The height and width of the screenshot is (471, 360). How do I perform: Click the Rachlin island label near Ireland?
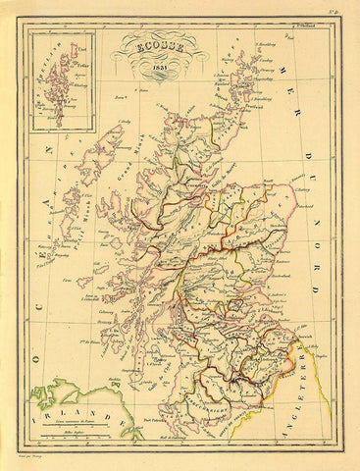116,380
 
